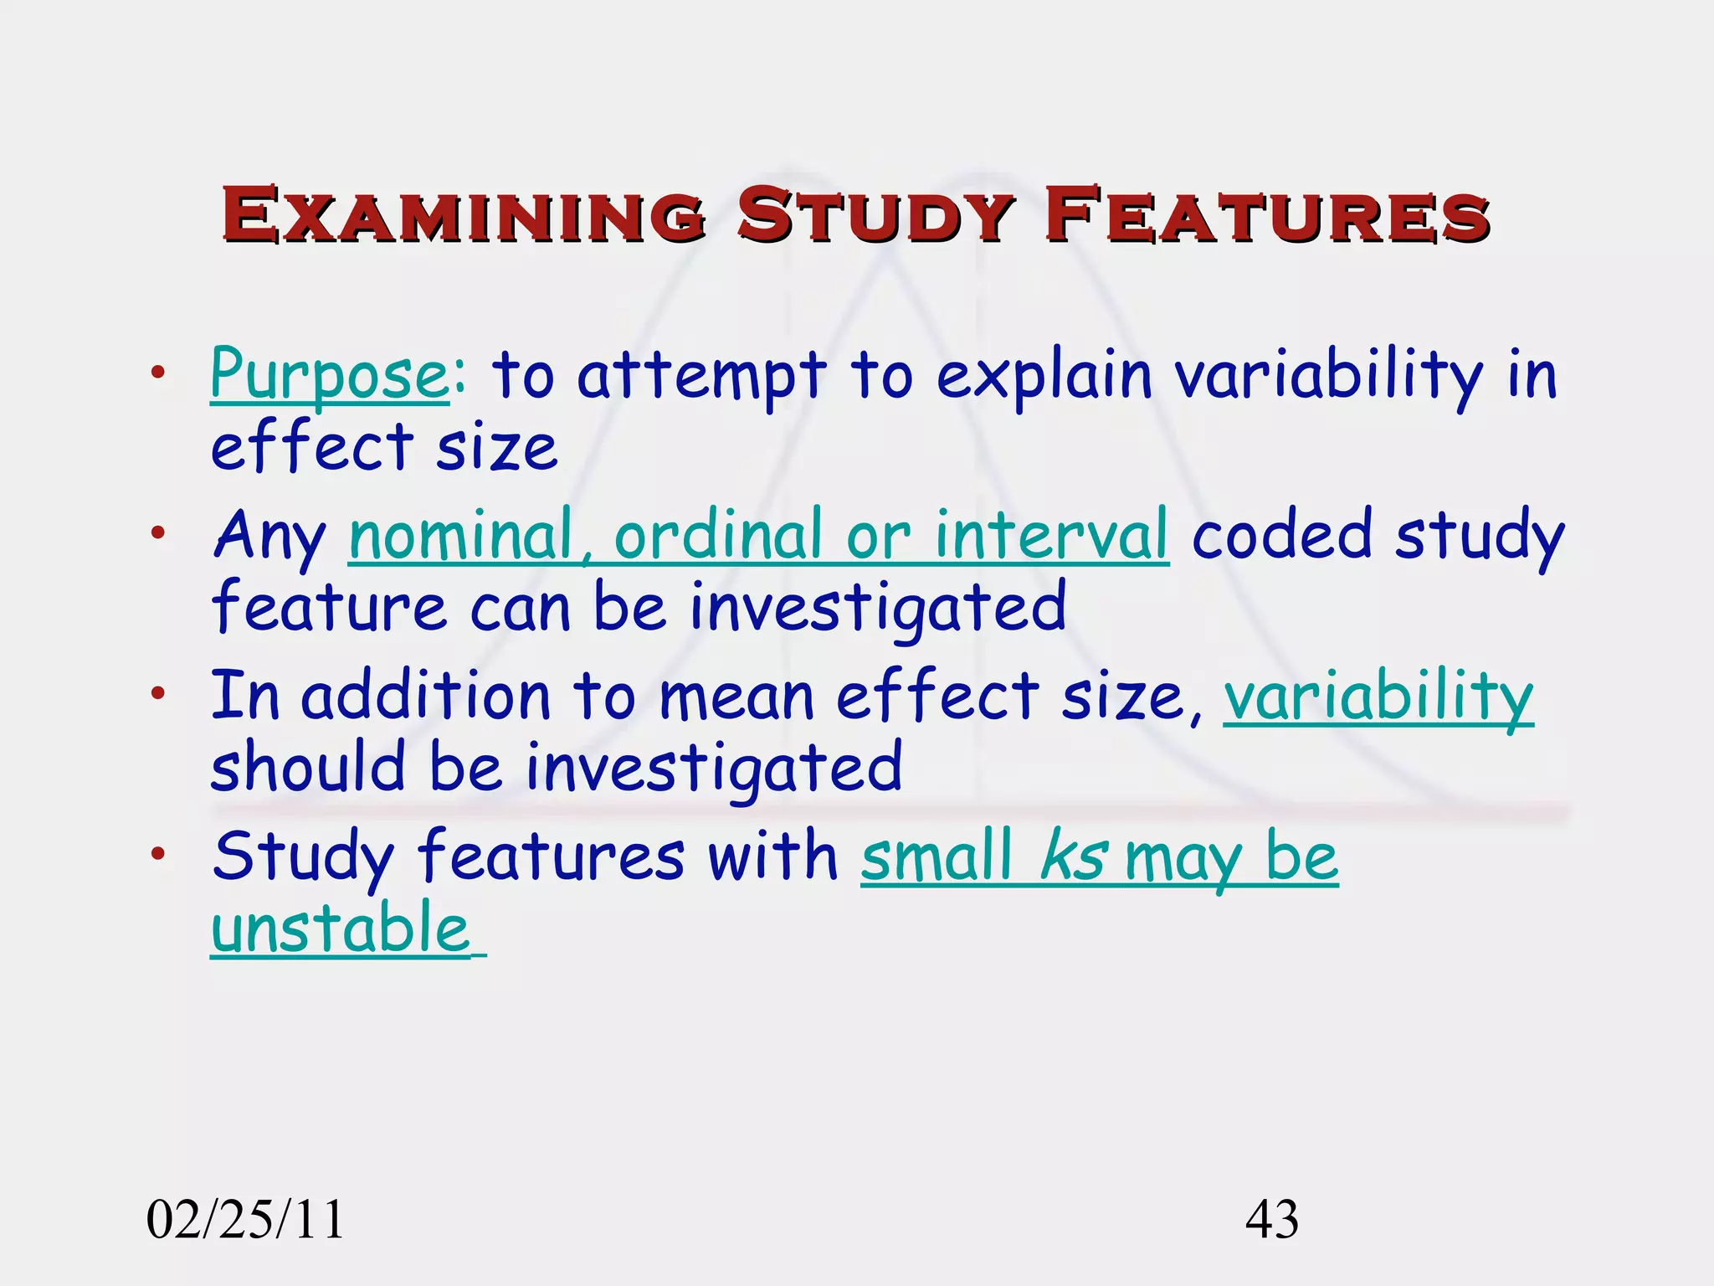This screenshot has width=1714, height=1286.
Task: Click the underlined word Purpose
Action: point(330,376)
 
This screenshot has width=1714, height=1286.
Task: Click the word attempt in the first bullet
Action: point(701,376)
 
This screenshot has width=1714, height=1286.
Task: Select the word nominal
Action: point(461,536)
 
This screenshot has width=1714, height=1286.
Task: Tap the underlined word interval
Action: point(1051,536)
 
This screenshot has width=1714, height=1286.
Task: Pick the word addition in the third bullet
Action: point(425,697)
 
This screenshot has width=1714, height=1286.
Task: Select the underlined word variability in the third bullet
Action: point(1378,697)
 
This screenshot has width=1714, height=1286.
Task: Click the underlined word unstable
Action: point(341,929)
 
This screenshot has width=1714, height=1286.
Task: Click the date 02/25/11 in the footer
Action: point(245,1220)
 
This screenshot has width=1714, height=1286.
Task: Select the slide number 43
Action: point(1272,1220)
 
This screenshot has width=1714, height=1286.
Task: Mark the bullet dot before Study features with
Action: point(157,854)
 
